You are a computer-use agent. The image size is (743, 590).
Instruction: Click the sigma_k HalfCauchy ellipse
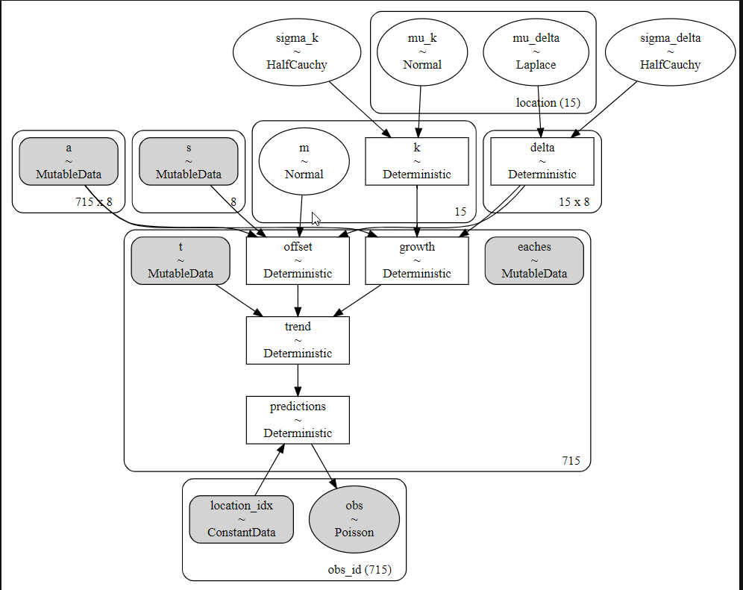[297, 52]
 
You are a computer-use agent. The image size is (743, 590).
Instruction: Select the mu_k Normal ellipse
[422, 52]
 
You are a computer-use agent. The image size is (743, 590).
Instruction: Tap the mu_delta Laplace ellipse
[536, 52]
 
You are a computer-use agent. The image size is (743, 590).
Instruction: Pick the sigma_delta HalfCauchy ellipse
[670, 52]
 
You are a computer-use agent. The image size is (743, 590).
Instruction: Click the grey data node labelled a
[69, 162]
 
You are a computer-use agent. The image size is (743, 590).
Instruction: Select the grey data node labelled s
[189, 162]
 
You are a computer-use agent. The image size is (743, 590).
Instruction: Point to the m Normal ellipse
[304, 162]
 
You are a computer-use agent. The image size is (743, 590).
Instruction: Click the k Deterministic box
[417, 162]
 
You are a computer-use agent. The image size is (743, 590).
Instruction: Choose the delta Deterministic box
[542, 162]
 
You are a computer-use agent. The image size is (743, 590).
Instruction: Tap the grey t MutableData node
[181, 260]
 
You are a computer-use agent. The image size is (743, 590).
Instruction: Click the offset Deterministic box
[298, 260]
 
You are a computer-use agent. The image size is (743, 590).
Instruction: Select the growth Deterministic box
[417, 260]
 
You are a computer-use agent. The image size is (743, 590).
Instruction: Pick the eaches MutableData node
[534, 260]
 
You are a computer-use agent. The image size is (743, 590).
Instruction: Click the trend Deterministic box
[298, 340]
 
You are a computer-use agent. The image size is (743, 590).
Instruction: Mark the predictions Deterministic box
[298, 420]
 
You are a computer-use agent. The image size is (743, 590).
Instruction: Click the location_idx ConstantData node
[241, 519]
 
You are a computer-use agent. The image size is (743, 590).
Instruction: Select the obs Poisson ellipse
[354, 519]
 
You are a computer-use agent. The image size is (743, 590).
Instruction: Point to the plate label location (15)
[548, 103]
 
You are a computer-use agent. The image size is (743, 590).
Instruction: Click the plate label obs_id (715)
[360, 570]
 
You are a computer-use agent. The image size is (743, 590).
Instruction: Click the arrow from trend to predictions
[298, 380]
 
